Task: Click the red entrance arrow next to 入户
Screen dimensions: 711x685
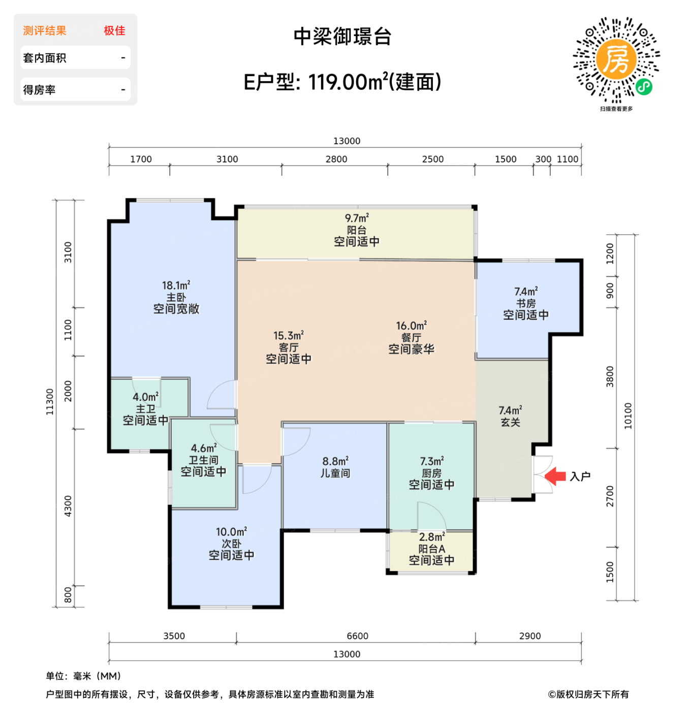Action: (x=555, y=476)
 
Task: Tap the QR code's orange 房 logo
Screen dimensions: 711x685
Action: (x=616, y=59)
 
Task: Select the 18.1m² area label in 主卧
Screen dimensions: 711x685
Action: (x=176, y=285)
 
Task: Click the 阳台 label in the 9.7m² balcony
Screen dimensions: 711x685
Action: (x=356, y=230)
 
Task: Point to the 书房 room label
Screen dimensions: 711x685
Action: (x=525, y=303)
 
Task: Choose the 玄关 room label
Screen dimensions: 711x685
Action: (x=510, y=422)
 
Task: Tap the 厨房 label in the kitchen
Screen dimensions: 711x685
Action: (x=431, y=473)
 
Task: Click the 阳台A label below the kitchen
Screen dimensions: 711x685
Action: (x=431, y=548)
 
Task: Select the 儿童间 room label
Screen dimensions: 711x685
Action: (x=335, y=473)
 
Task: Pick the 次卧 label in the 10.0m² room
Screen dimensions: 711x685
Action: (x=231, y=543)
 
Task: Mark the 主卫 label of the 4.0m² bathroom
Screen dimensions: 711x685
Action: (x=145, y=409)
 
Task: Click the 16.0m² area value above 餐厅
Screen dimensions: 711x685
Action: (x=411, y=326)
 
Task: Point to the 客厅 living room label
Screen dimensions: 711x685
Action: (x=288, y=347)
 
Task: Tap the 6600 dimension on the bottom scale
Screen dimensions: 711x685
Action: (x=357, y=636)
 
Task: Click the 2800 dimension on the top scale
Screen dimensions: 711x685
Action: (x=336, y=159)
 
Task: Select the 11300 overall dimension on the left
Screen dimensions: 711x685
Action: (x=49, y=402)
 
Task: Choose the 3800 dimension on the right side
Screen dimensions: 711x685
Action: (x=610, y=376)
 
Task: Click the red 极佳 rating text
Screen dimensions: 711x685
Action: (x=114, y=30)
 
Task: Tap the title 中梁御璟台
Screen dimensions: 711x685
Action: (x=342, y=37)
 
